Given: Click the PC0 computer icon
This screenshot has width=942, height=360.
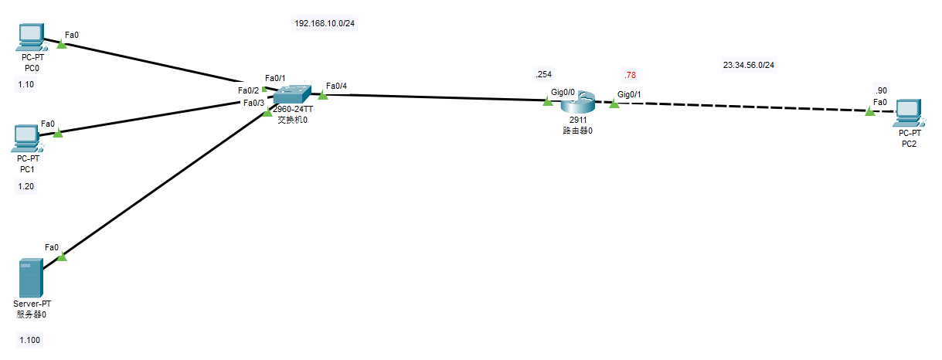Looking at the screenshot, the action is (x=31, y=37).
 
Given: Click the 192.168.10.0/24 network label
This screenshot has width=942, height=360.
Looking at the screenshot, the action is (x=325, y=23).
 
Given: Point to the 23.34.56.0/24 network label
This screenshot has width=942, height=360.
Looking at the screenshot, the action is (x=748, y=66).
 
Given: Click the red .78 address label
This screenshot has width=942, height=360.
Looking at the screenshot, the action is (x=630, y=75).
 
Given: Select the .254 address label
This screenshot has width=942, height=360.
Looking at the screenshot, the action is (x=543, y=74).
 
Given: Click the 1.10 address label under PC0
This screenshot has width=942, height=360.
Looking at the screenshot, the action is (x=26, y=85).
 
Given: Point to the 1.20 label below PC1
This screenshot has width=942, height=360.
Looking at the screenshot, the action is (x=26, y=186).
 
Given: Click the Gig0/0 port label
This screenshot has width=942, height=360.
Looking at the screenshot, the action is (x=562, y=91).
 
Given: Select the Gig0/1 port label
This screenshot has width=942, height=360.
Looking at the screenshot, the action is (x=629, y=94).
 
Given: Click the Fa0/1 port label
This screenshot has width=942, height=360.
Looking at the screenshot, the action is (x=275, y=78).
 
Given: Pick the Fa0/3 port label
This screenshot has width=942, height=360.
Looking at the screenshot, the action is (x=253, y=103).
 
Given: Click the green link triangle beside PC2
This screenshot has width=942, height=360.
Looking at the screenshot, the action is (x=870, y=112).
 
